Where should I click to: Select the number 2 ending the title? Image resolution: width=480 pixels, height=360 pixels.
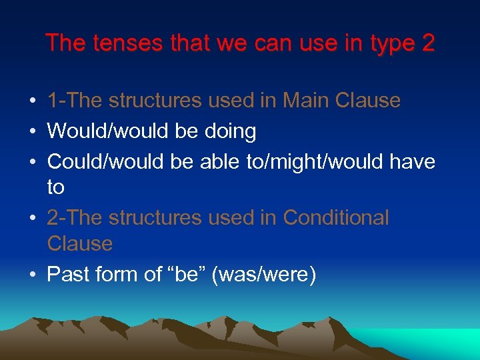tap(428, 43)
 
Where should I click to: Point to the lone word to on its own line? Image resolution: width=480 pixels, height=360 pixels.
tap(56, 187)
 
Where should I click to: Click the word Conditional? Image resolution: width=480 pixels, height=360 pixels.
tap(336, 218)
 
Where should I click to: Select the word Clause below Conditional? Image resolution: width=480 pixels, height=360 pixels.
tap(80, 243)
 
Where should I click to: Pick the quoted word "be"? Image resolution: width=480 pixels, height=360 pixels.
tap(187, 274)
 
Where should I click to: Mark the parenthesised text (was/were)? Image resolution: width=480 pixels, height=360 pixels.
tap(263, 274)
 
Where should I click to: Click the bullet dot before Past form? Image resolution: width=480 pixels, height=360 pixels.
tap(33, 275)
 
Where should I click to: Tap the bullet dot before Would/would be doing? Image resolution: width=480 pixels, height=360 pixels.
tap(33, 132)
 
